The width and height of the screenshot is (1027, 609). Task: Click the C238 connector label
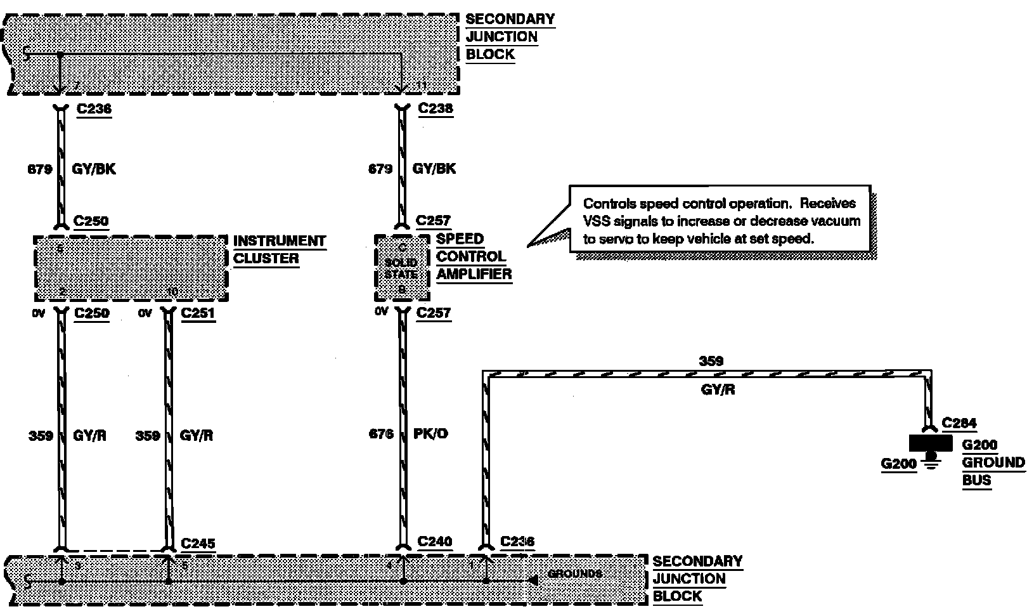coord(436,108)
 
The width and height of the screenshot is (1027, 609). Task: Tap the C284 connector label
coord(959,423)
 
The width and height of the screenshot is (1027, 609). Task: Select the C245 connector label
coord(198,544)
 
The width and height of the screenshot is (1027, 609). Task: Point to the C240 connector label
coord(435,542)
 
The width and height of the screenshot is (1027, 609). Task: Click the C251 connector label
coord(198,313)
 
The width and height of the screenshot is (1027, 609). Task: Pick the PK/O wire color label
coord(430,435)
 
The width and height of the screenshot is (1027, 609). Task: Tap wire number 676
coord(381,435)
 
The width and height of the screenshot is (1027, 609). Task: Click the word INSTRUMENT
coord(280,241)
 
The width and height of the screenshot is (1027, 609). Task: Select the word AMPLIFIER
coord(474,275)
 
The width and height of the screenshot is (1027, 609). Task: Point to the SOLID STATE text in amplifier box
coord(401,268)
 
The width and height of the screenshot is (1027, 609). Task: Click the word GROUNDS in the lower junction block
coord(574,574)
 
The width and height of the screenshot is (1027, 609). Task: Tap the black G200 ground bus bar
coord(931,442)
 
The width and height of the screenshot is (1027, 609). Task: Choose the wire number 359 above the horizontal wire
coord(711,361)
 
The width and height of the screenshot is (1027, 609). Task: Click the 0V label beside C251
coord(145,313)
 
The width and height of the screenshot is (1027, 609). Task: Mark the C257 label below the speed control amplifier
coord(434,313)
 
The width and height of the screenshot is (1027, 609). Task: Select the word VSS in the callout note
coord(597,221)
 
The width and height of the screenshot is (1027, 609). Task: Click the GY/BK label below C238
coord(434,169)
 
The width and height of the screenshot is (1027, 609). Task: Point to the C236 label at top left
coord(94,109)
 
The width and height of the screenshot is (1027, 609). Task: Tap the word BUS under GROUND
coord(976,480)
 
